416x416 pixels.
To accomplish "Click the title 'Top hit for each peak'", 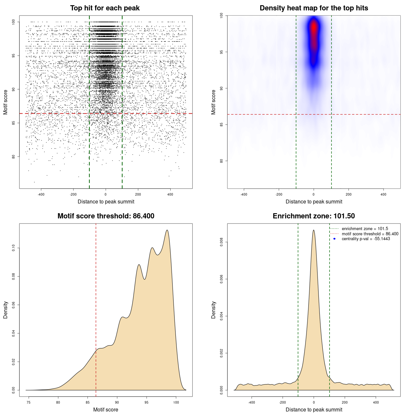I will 105,8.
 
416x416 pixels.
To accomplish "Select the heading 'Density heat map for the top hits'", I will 314,8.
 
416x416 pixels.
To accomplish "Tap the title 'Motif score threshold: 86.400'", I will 106,216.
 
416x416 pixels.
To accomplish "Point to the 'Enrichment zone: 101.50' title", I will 314,216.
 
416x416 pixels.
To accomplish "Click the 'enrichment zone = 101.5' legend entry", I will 365,229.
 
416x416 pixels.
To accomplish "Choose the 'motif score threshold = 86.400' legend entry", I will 370,234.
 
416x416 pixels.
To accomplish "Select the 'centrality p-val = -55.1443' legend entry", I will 366,239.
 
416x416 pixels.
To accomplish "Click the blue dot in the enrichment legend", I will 334,239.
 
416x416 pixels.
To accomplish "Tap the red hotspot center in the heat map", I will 314,28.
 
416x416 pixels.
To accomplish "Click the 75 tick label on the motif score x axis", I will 29,403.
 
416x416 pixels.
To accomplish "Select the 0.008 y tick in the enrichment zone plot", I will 222,242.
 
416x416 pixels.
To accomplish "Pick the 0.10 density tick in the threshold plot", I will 14,248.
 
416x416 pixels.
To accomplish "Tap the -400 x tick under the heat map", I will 244,195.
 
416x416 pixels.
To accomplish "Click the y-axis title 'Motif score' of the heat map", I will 214,102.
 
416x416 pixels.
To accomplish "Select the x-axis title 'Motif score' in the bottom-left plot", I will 106,409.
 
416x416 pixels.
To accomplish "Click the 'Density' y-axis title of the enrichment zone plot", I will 214,310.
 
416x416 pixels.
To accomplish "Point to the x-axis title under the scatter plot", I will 106,201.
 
